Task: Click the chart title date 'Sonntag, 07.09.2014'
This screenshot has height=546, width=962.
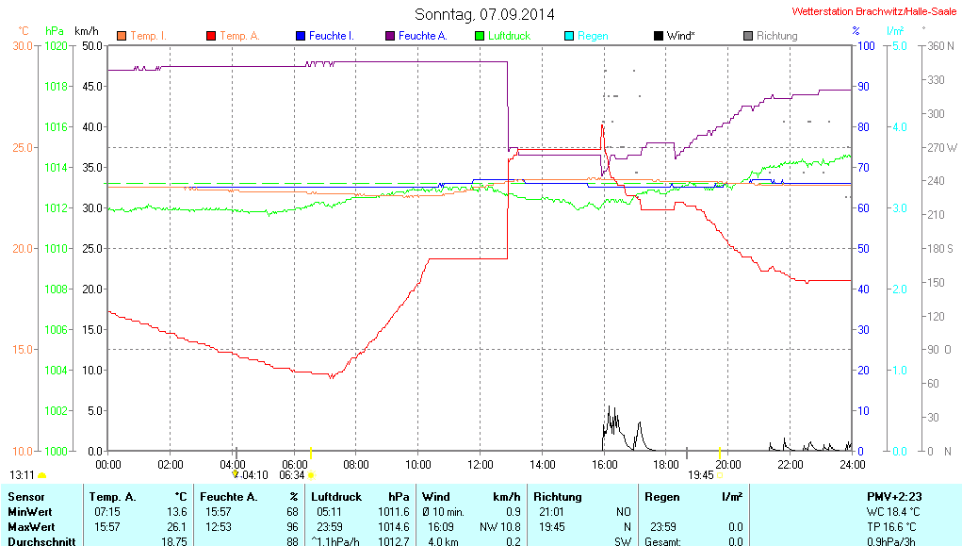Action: [484, 14]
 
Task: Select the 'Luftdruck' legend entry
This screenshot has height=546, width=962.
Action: [509, 36]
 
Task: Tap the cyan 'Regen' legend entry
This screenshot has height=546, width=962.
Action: [592, 36]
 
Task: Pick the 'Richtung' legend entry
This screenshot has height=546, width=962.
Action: [776, 36]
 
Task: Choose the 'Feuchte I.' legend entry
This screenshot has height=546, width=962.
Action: [331, 36]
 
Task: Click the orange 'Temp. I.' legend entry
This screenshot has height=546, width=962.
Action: [148, 36]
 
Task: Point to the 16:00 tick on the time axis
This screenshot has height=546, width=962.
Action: [604, 464]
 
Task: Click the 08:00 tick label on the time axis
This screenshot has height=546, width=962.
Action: [356, 464]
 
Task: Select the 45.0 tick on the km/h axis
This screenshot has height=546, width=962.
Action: [91, 87]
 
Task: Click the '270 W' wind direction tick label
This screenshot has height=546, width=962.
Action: [942, 148]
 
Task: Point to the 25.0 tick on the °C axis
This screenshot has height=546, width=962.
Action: [22, 147]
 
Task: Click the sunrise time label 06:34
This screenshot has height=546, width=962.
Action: [292, 475]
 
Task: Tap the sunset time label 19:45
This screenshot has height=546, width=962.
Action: [701, 475]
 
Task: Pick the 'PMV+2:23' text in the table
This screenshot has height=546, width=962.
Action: [893, 496]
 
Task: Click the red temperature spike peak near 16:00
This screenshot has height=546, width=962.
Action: [602, 124]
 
